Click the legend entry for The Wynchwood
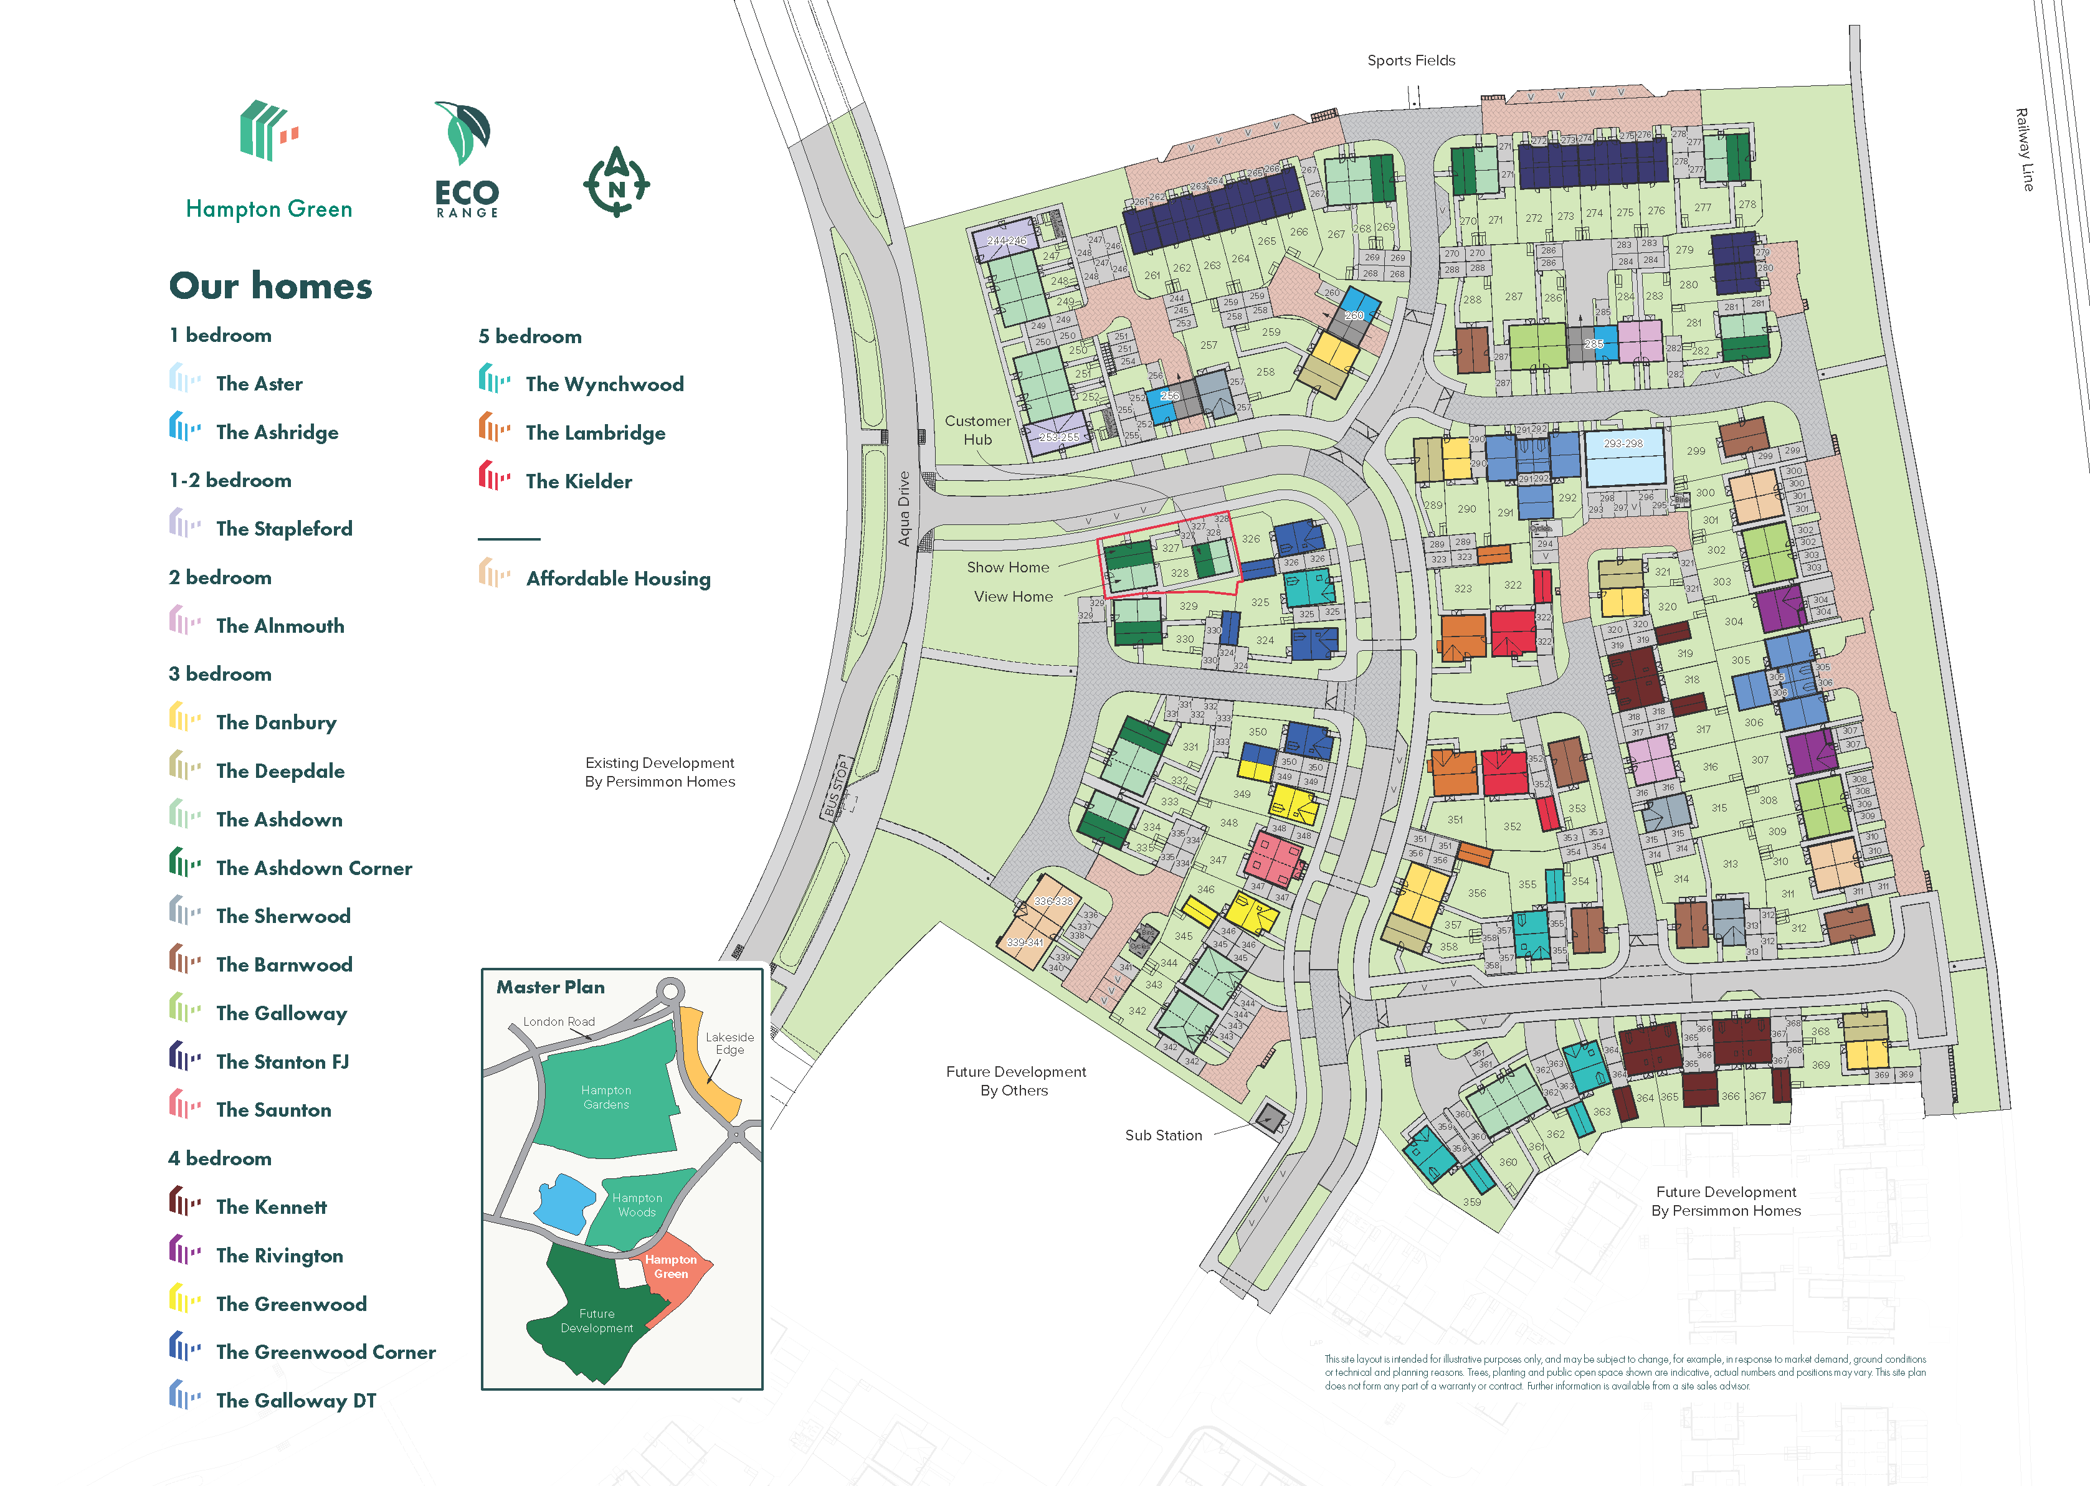604,384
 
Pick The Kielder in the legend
578,481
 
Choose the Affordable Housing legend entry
618,579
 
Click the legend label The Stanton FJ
282,1061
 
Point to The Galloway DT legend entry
295,1400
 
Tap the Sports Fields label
1410,60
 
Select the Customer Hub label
977,430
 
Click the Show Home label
1007,567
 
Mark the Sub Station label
1163,1135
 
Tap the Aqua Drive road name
904,509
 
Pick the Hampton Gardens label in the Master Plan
606,1097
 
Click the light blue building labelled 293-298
1624,460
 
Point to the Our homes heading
271,285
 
